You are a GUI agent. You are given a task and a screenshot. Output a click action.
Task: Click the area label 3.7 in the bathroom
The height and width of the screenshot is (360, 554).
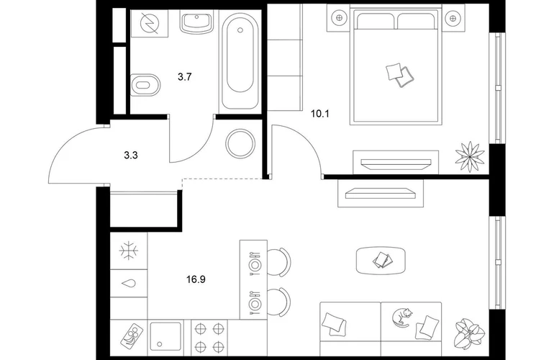point(184,77)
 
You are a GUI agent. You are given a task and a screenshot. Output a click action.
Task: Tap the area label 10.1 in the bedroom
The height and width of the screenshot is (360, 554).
point(319,114)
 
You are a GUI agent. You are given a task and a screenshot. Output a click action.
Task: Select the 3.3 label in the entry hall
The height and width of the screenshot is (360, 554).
point(131,156)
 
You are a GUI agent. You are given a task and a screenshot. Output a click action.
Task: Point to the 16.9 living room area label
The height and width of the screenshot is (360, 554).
point(196,280)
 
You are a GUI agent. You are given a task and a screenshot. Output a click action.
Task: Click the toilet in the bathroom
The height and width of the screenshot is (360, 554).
point(145,85)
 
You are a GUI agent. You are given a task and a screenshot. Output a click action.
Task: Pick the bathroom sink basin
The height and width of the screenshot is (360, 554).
point(197,21)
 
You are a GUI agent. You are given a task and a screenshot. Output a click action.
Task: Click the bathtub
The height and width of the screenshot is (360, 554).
point(240,59)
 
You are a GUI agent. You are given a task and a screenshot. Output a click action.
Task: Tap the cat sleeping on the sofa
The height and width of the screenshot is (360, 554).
point(402,317)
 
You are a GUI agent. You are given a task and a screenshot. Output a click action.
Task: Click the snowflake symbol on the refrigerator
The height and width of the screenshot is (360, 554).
point(129,251)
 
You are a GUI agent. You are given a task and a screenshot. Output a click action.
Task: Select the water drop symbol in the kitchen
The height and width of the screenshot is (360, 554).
point(129,283)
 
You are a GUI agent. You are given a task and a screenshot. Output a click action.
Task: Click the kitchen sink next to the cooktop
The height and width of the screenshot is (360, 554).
point(165,336)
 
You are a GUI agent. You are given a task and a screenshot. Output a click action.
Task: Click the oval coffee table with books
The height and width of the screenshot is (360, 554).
point(381,261)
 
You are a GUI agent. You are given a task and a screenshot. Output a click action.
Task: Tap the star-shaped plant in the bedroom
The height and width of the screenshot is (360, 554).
point(470,157)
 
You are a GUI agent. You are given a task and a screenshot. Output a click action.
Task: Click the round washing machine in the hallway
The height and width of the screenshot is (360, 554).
point(240,143)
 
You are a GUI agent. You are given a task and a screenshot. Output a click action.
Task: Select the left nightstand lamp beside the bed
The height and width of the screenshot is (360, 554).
point(339,18)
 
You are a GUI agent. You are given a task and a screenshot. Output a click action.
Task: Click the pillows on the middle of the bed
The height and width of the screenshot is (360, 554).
point(400,75)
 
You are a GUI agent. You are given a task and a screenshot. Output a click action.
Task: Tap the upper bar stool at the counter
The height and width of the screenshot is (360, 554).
point(278,261)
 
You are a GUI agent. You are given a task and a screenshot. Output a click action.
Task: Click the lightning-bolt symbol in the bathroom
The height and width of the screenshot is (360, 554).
point(150,23)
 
